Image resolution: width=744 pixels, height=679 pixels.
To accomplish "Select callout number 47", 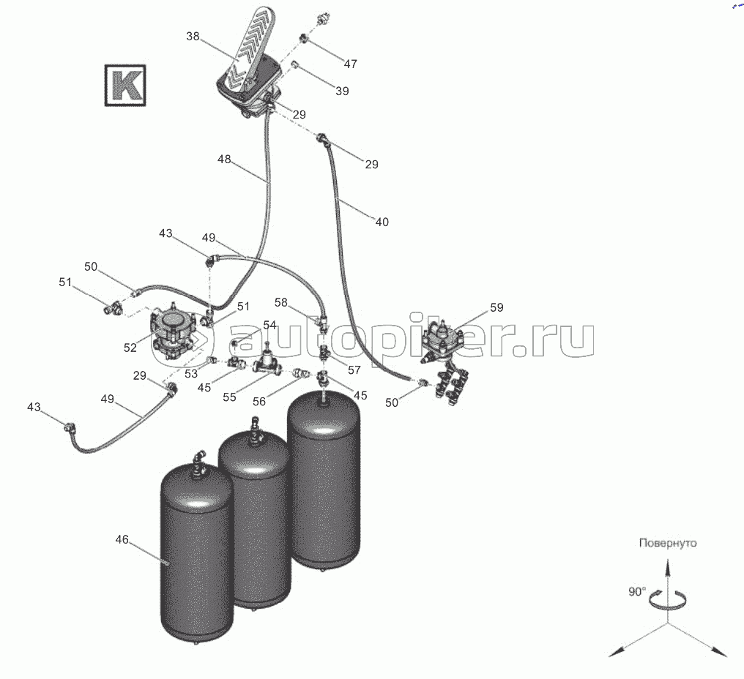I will [350, 64].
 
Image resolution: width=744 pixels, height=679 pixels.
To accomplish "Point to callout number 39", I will [341, 91].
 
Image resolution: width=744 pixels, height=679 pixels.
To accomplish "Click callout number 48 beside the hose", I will [224, 158].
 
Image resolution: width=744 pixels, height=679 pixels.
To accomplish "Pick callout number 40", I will [382, 222].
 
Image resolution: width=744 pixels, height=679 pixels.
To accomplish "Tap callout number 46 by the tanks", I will [122, 539].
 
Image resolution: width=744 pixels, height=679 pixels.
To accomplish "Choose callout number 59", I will [496, 307].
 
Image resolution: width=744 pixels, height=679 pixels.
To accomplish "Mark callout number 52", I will [130, 348].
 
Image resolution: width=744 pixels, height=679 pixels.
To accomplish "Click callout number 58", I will [282, 301].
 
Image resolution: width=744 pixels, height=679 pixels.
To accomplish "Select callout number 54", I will [269, 325].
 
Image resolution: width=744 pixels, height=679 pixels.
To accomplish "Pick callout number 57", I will [354, 369].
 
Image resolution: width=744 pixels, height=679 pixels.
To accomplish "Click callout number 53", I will [191, 374].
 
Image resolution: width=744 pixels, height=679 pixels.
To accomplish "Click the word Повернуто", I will [667, 543].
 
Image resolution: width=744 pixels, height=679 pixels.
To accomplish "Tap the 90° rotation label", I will [636, 591].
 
